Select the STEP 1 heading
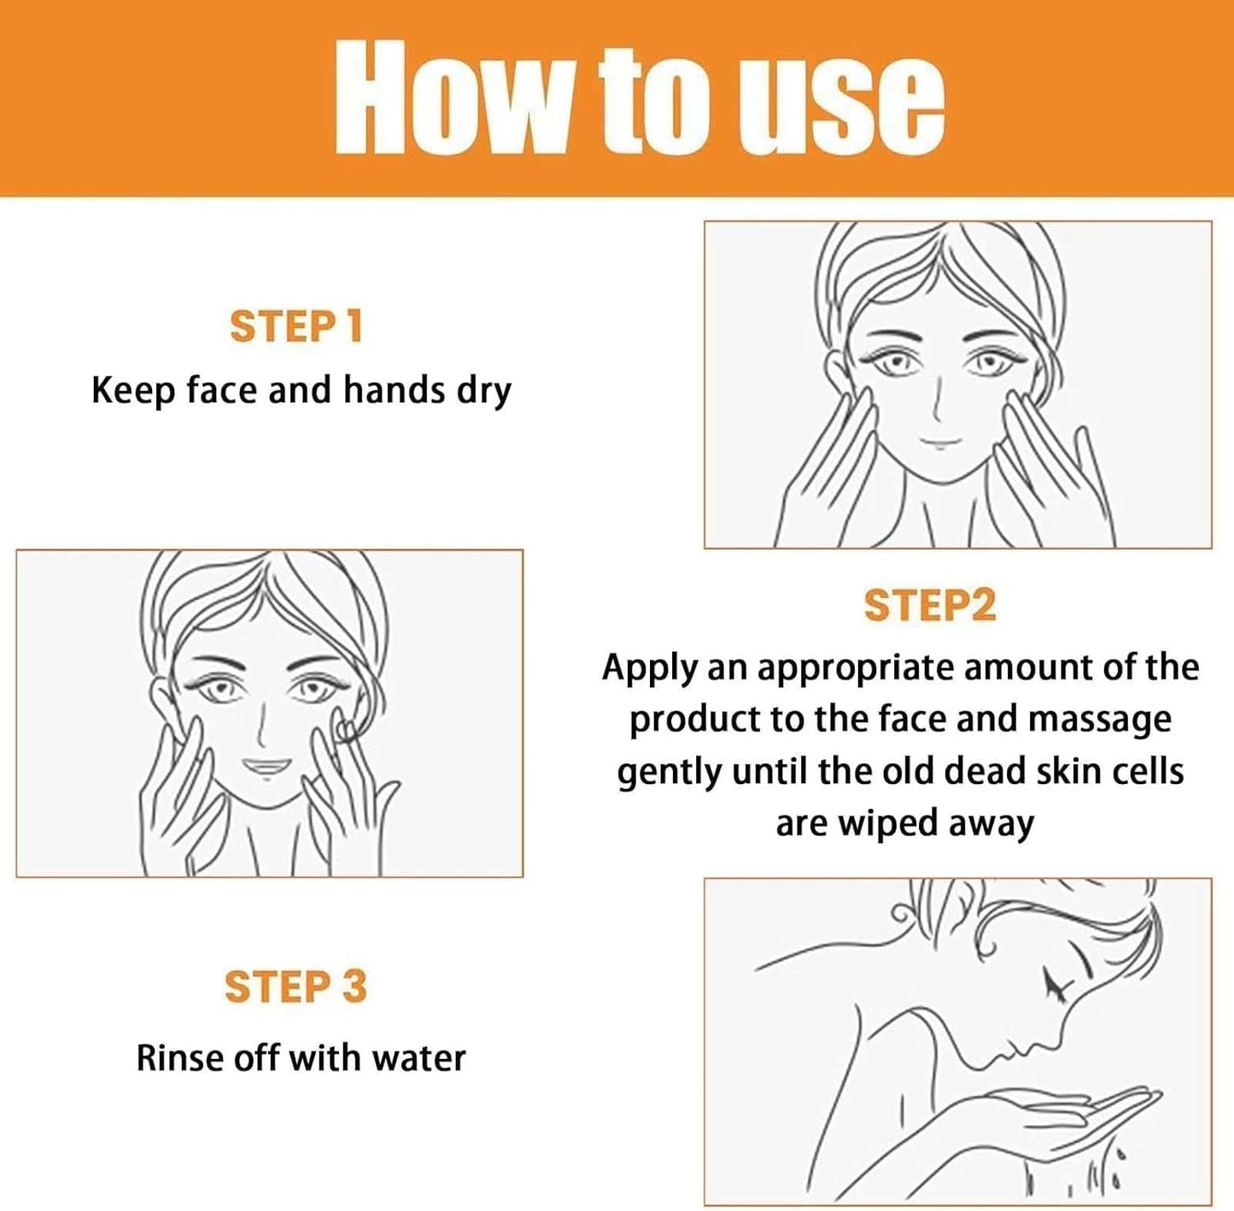click(295, 327)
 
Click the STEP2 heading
click(929, 605)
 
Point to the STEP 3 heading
click(295, 986)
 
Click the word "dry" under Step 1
click(483, 391)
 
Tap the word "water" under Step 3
click(418, 1058)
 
